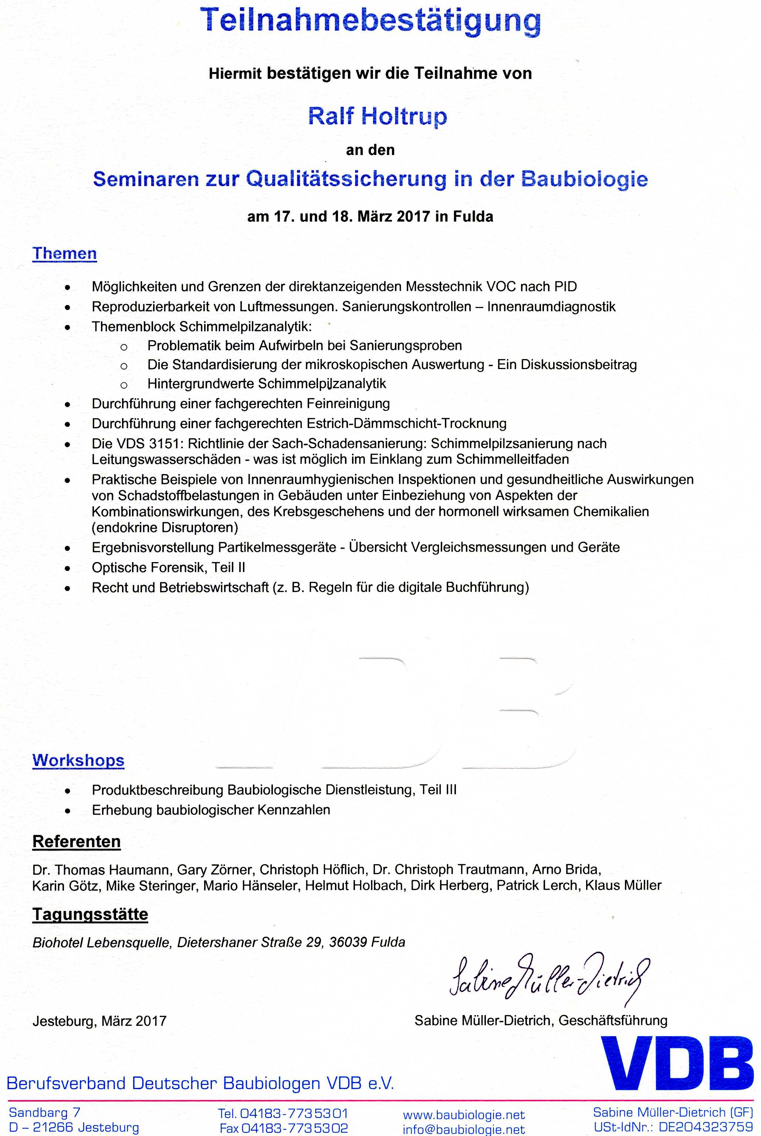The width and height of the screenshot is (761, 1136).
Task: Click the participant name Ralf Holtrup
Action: (x=377, y=116)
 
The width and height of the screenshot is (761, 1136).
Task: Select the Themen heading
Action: (x=65, y=253)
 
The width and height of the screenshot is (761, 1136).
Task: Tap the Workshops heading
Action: (x=78, y=760)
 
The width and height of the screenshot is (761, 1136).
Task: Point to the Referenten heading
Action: (x=76, y=841)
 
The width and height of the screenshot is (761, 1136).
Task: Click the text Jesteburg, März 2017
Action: (x=99, y=1021)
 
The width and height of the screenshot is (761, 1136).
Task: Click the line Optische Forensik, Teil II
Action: (x=168, y=567)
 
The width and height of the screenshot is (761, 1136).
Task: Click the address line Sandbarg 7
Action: (x=45, y=1112)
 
